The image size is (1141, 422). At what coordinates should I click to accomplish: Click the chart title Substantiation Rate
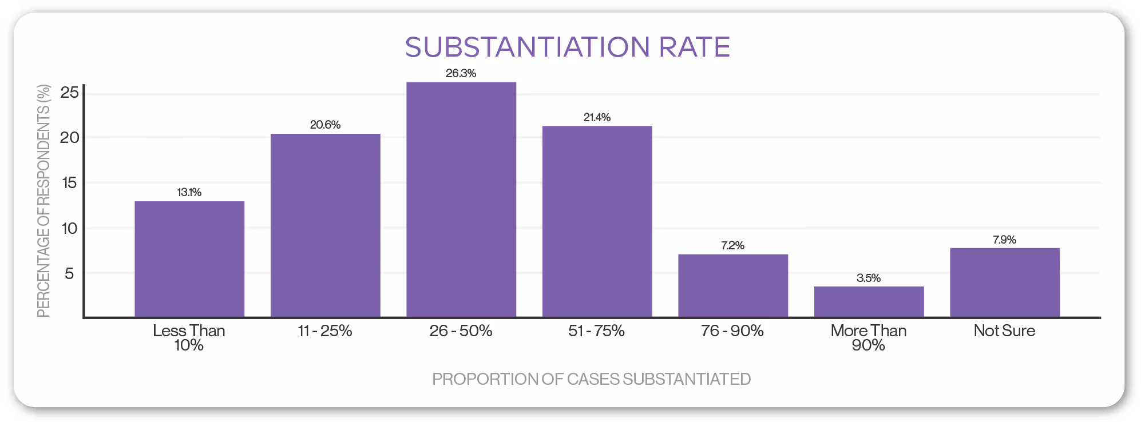tap(567, 47)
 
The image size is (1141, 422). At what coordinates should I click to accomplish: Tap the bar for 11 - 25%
tap(325, 225)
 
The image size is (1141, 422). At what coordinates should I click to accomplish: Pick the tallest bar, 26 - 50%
tap(461, 200)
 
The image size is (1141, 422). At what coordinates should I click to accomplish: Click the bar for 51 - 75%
tap(597, 221)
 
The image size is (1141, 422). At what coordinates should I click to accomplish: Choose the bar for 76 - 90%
tap(733, 285)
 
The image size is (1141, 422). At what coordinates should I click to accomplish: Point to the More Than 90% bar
tap(869, 301)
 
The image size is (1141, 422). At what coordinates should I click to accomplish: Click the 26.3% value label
tap(461, 73)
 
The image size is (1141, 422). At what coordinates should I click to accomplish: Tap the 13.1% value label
tap(189, 192)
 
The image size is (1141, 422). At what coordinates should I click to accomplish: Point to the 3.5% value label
tap(869, 278)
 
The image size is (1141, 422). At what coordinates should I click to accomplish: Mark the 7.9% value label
tap(1005, 240)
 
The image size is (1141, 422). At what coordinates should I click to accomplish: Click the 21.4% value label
tap(597, 117)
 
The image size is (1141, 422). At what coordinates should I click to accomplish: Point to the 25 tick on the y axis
tap(70, 93)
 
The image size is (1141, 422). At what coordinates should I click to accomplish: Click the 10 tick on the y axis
tap(70, 229)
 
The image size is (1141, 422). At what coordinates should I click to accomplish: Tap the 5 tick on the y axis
tap(70, 274)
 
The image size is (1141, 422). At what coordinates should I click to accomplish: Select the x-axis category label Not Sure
tap(1005, 331)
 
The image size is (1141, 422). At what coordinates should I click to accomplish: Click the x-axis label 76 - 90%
tap(732, 331)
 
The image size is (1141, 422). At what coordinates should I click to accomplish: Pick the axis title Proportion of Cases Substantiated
tap(591, 379)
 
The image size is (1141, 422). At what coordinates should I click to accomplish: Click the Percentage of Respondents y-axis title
tap(43, 200)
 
